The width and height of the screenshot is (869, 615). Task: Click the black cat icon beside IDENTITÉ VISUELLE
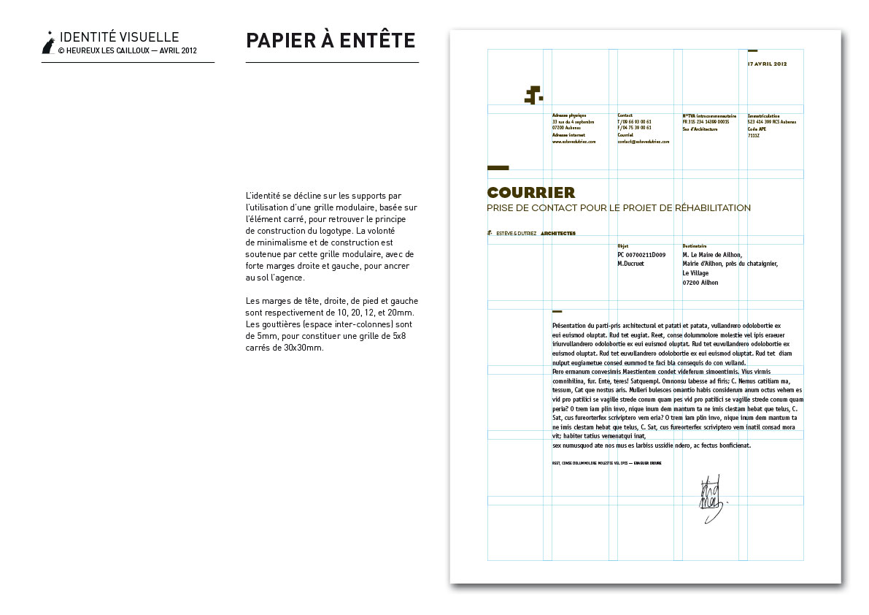point(48,44)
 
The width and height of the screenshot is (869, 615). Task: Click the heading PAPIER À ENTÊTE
point(331,41)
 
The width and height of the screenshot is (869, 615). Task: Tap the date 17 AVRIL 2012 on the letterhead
point(768,64)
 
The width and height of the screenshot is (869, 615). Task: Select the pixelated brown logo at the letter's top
point(534,94)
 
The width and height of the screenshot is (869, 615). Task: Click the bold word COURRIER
point(531,193)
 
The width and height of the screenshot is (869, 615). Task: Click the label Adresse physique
point(569,115)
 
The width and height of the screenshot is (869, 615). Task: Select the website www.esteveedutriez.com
point(574,142)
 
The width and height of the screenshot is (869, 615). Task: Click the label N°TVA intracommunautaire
point(708,115)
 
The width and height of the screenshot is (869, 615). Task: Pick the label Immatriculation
point(764,115)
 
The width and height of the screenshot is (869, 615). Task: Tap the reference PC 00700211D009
point(641,255)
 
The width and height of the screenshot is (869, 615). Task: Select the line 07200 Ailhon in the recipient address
point(700,283)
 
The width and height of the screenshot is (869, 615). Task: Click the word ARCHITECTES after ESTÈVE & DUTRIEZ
point(558,234)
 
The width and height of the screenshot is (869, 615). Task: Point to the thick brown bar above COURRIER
point(498,168)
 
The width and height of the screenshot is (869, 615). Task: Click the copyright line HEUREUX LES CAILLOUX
point(127,51)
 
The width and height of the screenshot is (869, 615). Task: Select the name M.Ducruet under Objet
point(630,264)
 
